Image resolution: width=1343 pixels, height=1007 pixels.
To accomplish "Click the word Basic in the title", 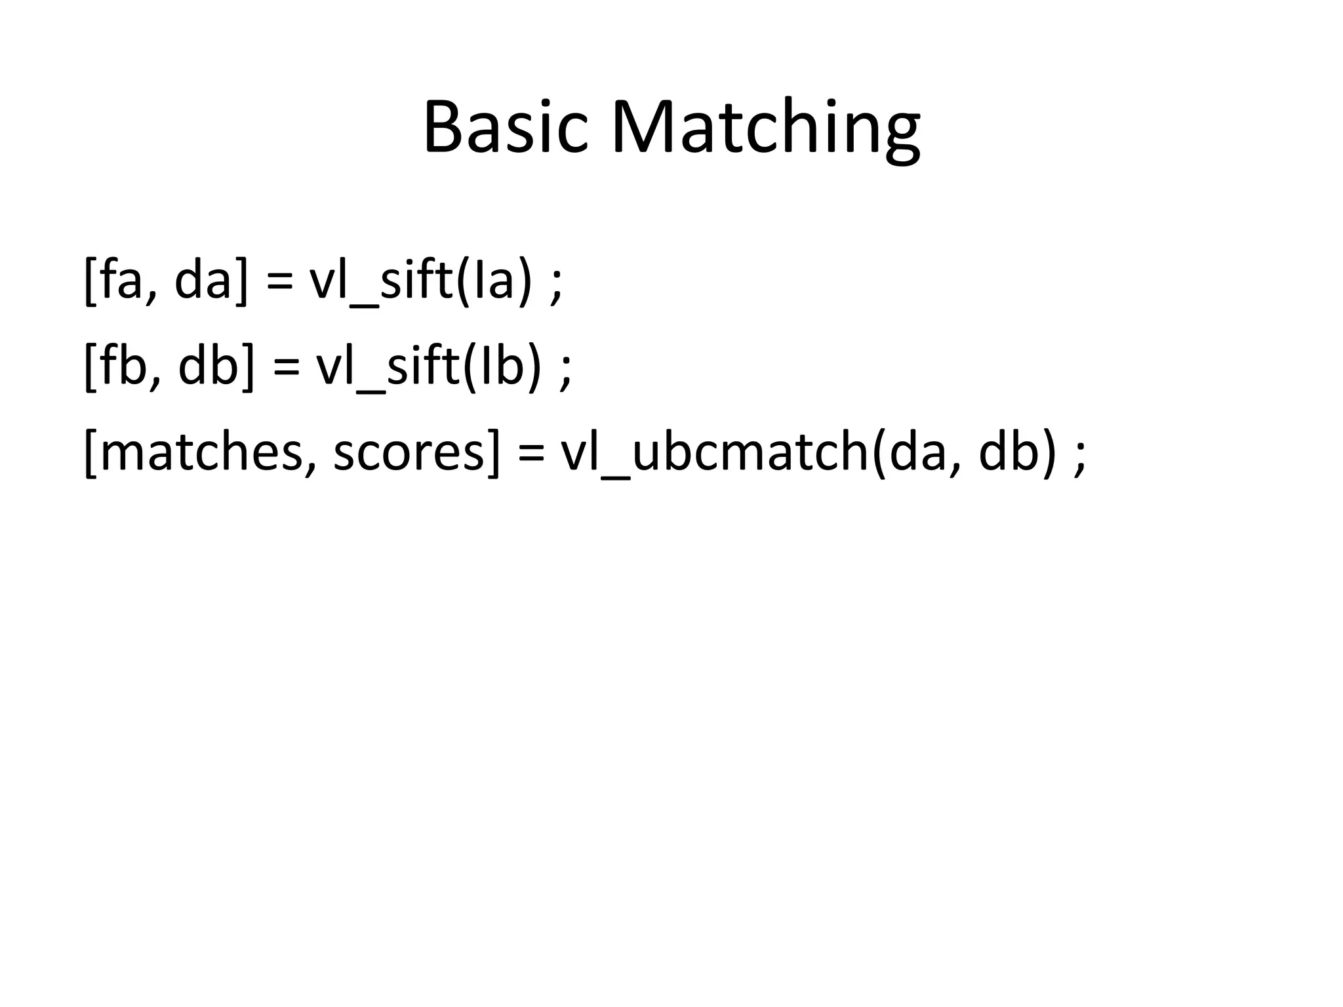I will [505, 127].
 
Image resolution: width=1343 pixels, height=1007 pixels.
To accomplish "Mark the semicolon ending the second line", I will [566, 371].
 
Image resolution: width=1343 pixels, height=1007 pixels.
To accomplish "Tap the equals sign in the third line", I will [531, 455].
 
